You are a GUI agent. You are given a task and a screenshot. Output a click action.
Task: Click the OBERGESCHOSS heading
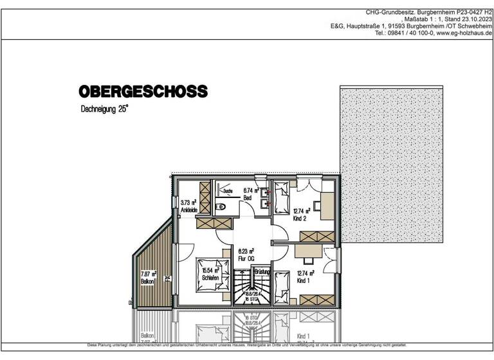143,91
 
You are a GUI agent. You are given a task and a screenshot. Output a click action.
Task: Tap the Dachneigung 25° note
104,110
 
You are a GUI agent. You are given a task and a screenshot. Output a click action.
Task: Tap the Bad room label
247,199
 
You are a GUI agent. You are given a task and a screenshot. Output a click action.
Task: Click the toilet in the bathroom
220,206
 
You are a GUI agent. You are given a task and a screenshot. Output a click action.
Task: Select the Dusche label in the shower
228,192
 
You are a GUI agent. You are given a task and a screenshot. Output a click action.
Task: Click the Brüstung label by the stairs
261,273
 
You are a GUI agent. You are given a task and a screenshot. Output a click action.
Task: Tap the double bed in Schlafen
209,274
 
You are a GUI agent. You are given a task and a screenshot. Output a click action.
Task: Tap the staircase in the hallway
244,287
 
